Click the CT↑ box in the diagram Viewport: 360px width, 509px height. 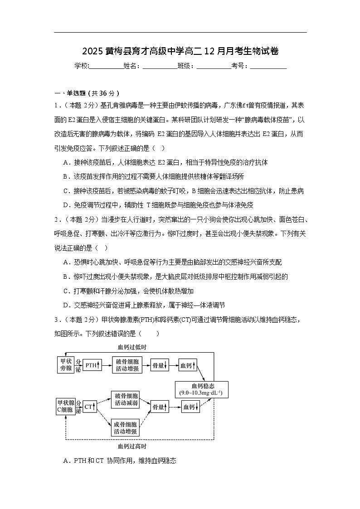click(90, 406)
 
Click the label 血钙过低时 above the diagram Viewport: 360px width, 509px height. click(131, 347)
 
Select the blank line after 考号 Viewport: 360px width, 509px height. click(268, 67)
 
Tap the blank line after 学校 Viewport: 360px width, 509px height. click(106, 67)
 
